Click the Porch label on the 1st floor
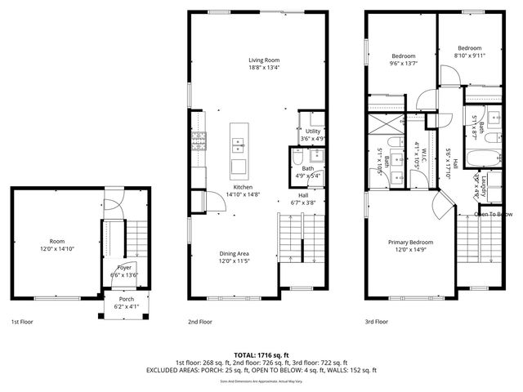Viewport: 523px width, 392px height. tap(127, 299)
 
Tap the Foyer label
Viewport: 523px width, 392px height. tap(123, 267)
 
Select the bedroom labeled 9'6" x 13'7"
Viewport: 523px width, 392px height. tap(403, 56)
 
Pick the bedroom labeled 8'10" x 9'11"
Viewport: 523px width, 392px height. tap(469, 48)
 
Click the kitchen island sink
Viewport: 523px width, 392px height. tap(239, 146)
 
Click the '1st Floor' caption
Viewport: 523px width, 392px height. tap(22, 322)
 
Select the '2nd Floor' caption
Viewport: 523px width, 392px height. tap(199, 322)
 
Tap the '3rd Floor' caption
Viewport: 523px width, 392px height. tap(376, 322)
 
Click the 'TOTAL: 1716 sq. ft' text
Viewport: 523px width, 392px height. tap(261, 354)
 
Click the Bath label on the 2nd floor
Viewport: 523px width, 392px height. tap(307, 168)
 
